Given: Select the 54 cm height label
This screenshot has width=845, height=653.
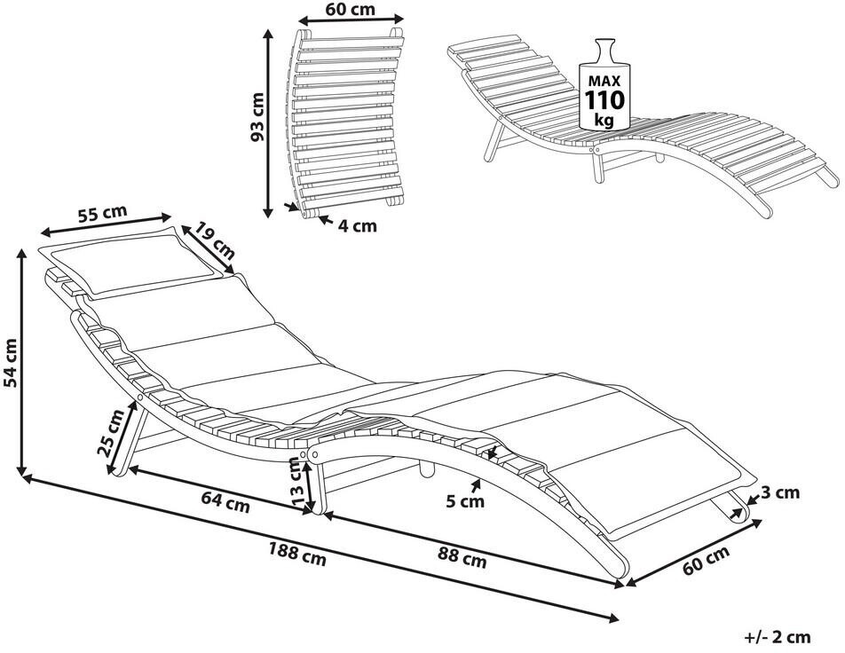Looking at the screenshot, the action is pyautogui.click(x=10, y=364).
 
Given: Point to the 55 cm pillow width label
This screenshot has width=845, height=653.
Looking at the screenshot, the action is pyautogui.click(x=102, y=214).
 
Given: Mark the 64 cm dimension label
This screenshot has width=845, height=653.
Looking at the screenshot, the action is pyautogui.click(x=223, y=504).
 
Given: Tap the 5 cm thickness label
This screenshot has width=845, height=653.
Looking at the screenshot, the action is pyautogui.click(x=465, y=501).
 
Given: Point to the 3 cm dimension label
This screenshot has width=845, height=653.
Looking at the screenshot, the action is pyautogui.click(x=780, y=492).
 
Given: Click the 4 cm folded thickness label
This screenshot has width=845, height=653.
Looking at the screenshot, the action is pyautogui.click(x=357, y=225).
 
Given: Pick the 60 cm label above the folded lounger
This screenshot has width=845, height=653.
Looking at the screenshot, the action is pyautogui.click(x=350, y=10).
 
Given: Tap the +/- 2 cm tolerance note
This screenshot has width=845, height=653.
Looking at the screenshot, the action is pyautogui.click(x=778, y=636).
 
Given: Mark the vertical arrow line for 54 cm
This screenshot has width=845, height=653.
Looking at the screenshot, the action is pyautogui.click(x=21, y=364).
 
